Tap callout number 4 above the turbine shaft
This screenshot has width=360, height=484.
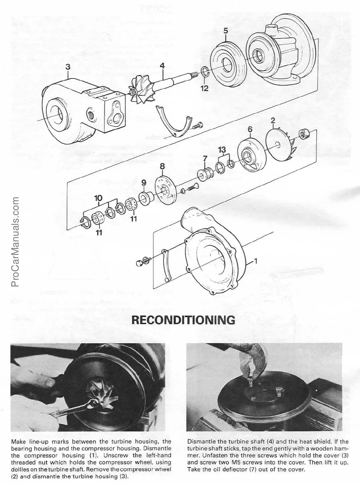pos(162,66)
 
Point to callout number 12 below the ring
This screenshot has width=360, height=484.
pos(204,88)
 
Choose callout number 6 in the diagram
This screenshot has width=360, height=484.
pos(250,129)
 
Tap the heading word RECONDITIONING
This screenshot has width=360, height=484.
pos(183,320)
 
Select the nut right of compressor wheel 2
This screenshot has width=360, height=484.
pos(302,133)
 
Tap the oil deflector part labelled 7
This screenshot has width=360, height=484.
pos(203,174)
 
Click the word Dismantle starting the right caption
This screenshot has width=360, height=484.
pos(199,441)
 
